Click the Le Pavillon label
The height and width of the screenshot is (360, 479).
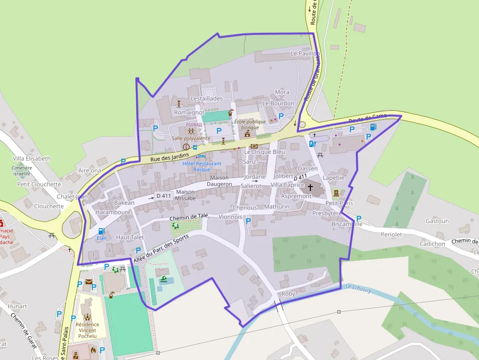[x=305, y=53]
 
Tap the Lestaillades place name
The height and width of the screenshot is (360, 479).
[x=206, y=98]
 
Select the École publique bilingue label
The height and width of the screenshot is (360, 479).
[x=250, y=125]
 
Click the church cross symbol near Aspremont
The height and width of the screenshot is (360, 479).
[x=310, y=187]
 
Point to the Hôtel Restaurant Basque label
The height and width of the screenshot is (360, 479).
[x=201, y=167]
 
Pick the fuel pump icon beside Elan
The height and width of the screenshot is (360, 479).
[x=101, y=231]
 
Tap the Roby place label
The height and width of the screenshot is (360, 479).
[x=288, y=294]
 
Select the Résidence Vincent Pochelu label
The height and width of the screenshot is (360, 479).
[x=87, y=330]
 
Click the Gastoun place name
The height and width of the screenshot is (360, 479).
[x=437, y=221]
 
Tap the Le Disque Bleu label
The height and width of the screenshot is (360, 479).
[x=264, y=152]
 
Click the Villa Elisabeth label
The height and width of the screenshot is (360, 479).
[x=31, y=159]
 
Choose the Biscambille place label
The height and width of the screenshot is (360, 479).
[x=347, y=224]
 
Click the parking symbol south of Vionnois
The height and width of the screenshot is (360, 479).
[x=248, y=221]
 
